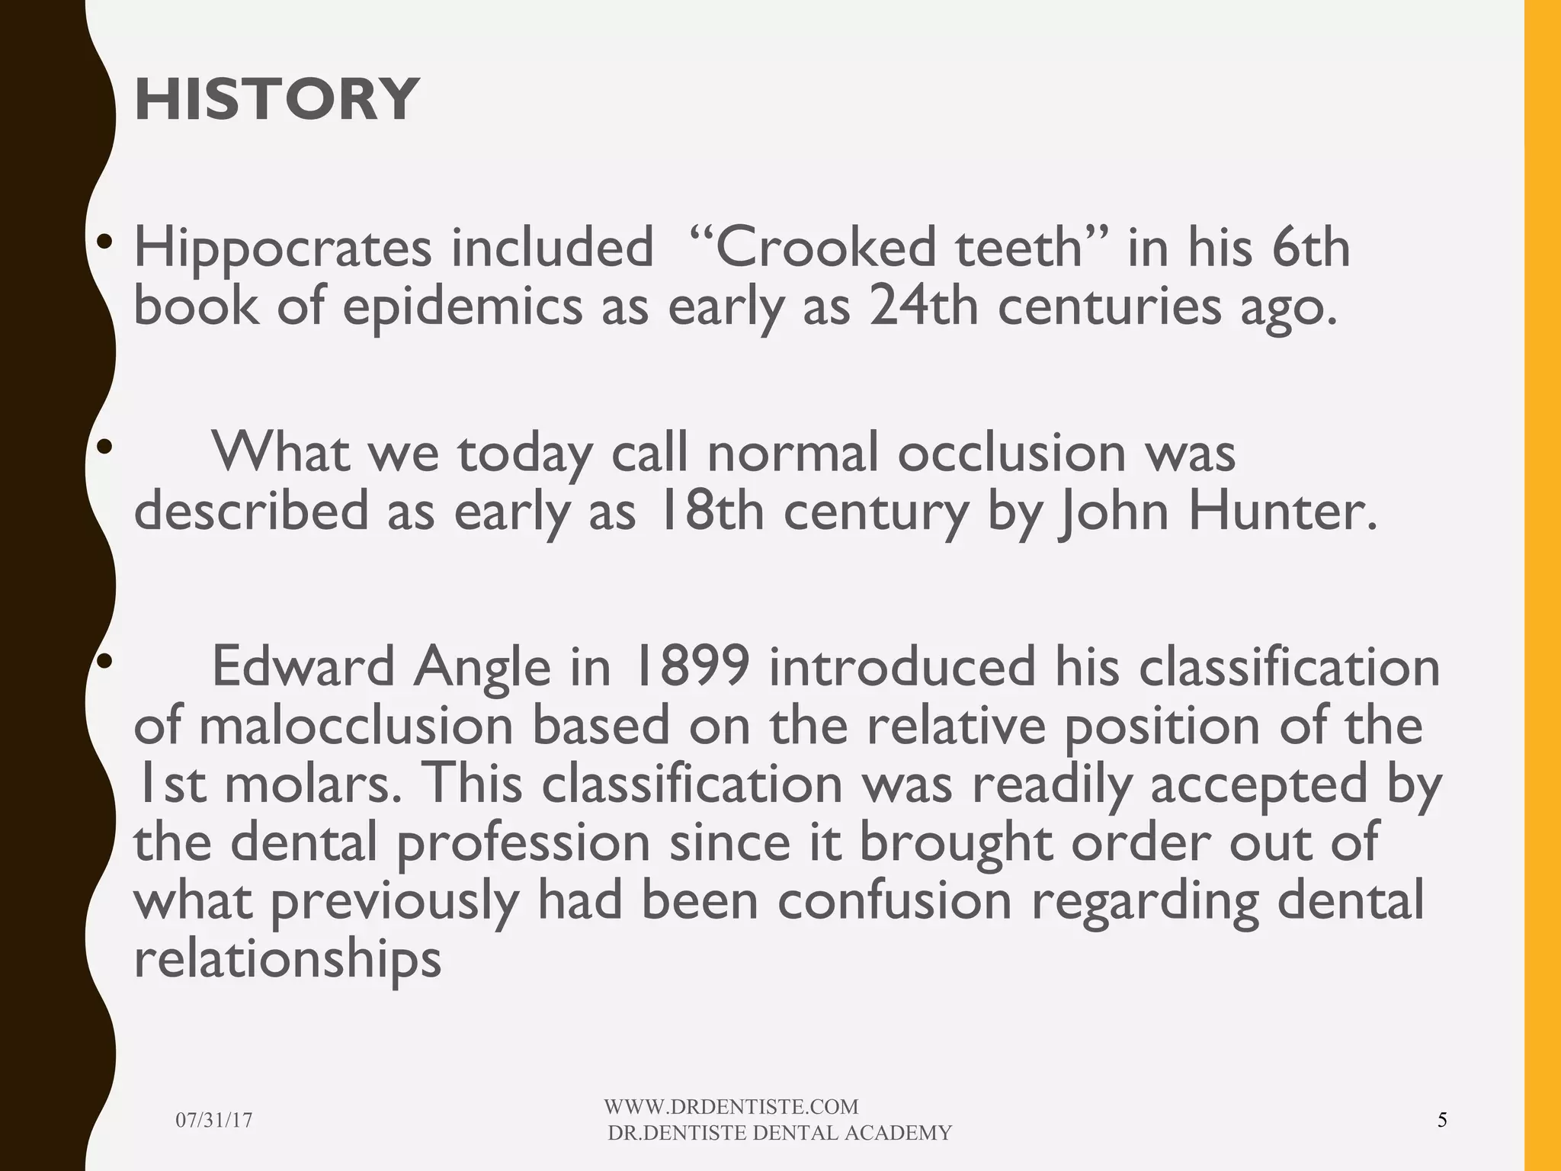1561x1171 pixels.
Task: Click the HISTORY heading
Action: pyautogui.click(x=276, y=99)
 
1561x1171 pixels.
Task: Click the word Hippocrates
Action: pyautogui.click(x=282, y=249)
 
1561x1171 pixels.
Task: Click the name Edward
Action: pyautogui.click(x=303, y=666)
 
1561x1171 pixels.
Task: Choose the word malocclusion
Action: pyautogui.click(x=356, y=726)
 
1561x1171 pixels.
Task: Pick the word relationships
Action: pyautogui.click(x=287, y=959)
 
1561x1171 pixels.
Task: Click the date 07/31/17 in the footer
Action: pyautogui.click(x=213, y=1120)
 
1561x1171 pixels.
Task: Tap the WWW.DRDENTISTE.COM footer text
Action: pyautogui.click(x=731, y=1107)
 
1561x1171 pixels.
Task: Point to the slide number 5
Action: pyautogui.click(x=1441, y=1120)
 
